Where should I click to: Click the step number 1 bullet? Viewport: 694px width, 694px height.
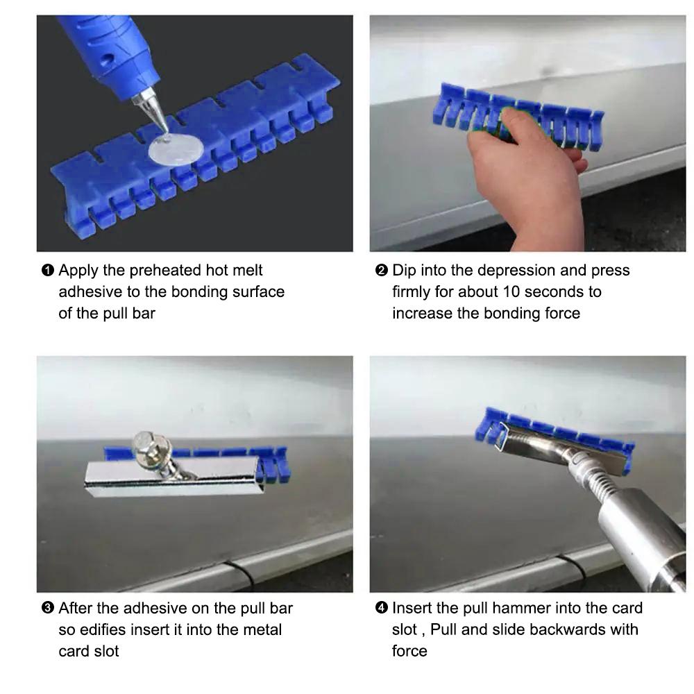[47, 270]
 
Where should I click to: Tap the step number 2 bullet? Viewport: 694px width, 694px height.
[381, 270]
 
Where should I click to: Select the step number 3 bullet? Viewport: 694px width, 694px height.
[47, 608]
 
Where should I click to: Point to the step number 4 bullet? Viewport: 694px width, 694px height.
[381, 608]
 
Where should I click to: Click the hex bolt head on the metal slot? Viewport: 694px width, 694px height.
[146, 443]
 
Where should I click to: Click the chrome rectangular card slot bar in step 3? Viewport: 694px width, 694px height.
[174, 476]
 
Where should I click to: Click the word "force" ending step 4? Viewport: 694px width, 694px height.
[409, 651]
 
